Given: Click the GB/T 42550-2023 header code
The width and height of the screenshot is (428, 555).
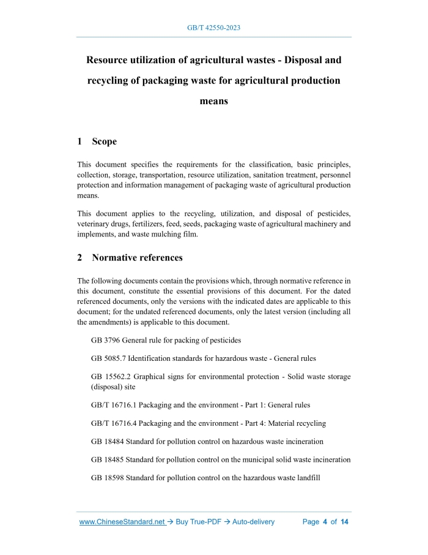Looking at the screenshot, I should (213, 28).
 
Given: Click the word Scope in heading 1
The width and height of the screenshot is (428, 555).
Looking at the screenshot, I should (105, 142).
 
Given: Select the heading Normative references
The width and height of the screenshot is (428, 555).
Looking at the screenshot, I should (137, 257).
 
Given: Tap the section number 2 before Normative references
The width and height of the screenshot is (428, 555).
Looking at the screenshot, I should (80, 257).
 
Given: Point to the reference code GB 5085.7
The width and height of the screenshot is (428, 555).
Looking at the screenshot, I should (108, 358).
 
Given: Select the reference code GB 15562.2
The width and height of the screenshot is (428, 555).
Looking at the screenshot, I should (111, 377).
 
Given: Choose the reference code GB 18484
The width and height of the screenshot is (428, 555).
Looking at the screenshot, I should (107, 441).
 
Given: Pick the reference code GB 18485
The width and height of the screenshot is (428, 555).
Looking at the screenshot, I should (107, 459).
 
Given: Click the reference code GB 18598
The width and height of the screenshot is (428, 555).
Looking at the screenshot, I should (107, 478).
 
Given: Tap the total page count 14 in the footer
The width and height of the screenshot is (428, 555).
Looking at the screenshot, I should (345, 522).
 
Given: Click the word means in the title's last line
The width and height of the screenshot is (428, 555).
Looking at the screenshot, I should (213, 101).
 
